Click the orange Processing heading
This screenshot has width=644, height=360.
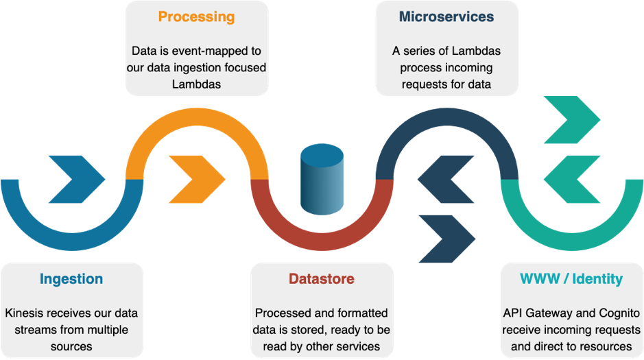196,16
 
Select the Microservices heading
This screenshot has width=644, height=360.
446,16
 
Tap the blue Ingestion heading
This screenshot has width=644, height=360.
71,279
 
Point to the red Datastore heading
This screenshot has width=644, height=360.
322,279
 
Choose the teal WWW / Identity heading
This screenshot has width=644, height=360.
571,279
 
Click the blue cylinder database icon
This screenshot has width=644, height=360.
322,180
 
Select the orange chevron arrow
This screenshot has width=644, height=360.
196,180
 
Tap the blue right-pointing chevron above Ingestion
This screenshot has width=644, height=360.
76,180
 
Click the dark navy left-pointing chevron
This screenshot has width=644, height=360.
446,180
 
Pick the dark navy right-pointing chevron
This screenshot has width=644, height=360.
446,239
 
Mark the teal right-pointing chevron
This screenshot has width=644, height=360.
571,120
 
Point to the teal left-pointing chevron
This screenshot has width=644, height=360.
571,180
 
